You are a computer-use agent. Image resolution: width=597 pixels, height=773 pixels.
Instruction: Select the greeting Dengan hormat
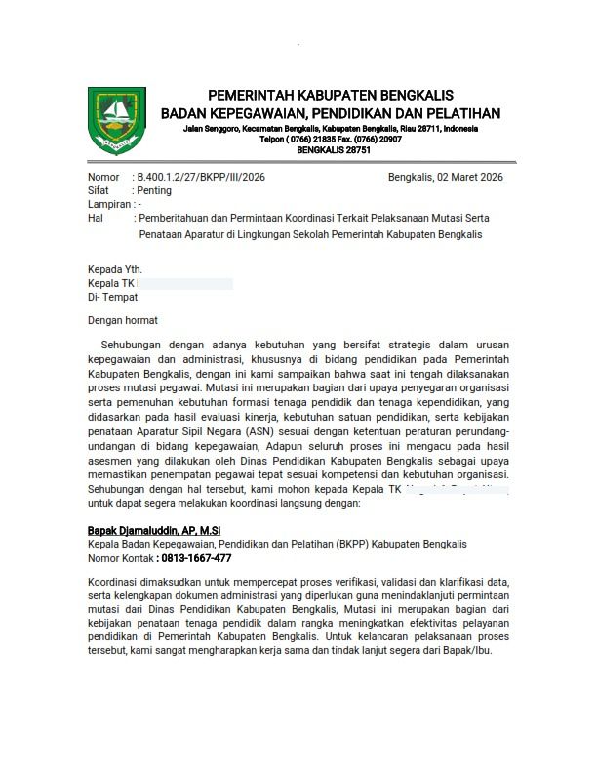123,320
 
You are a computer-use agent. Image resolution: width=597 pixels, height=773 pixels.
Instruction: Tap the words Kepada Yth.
115,268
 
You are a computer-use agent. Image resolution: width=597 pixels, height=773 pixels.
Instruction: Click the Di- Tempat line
113,297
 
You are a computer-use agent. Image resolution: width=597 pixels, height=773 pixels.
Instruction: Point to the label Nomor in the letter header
103,177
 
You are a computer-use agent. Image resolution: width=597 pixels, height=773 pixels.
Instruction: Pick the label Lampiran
108,206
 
